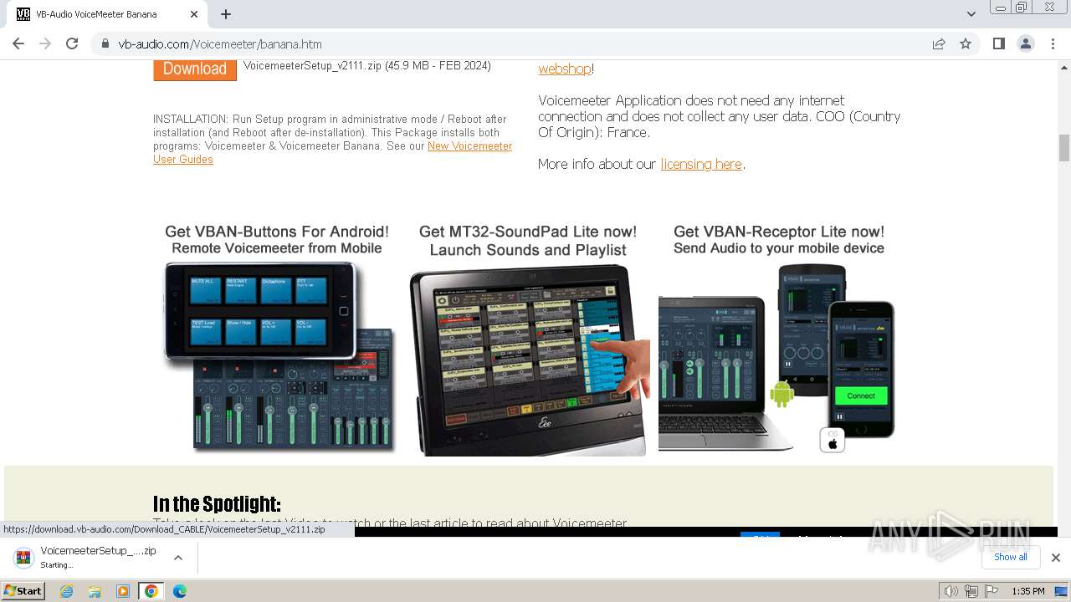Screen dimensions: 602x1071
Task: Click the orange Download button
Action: pos(194,69)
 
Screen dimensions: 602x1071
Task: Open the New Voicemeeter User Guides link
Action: pos(469,146)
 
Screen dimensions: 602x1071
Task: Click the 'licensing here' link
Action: pos(701,164)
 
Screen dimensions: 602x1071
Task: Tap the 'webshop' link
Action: pos(565,69)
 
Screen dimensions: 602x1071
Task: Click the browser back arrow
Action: pos(18,44)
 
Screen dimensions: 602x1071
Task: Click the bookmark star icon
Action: pos(966,44)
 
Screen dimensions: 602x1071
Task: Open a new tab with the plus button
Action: pos(226,14)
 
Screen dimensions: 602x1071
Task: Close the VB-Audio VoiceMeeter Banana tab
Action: pos(194,14)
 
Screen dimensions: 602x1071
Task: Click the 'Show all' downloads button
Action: pos(1010,557)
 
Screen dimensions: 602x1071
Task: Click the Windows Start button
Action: pos(23,591)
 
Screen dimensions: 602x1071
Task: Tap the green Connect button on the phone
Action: pos(860,395)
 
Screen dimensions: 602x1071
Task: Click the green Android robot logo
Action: pos(781,394)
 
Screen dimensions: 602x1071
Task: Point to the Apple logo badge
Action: pos(833,441)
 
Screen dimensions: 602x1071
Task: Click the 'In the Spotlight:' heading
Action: pos(217,503)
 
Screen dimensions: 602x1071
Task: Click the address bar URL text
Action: pos(220,44)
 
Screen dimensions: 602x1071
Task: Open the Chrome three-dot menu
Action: pos(1053,44)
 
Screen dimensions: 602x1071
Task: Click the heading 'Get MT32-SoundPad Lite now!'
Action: pos(527,232)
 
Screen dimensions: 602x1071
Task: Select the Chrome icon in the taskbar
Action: pos(151,591)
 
